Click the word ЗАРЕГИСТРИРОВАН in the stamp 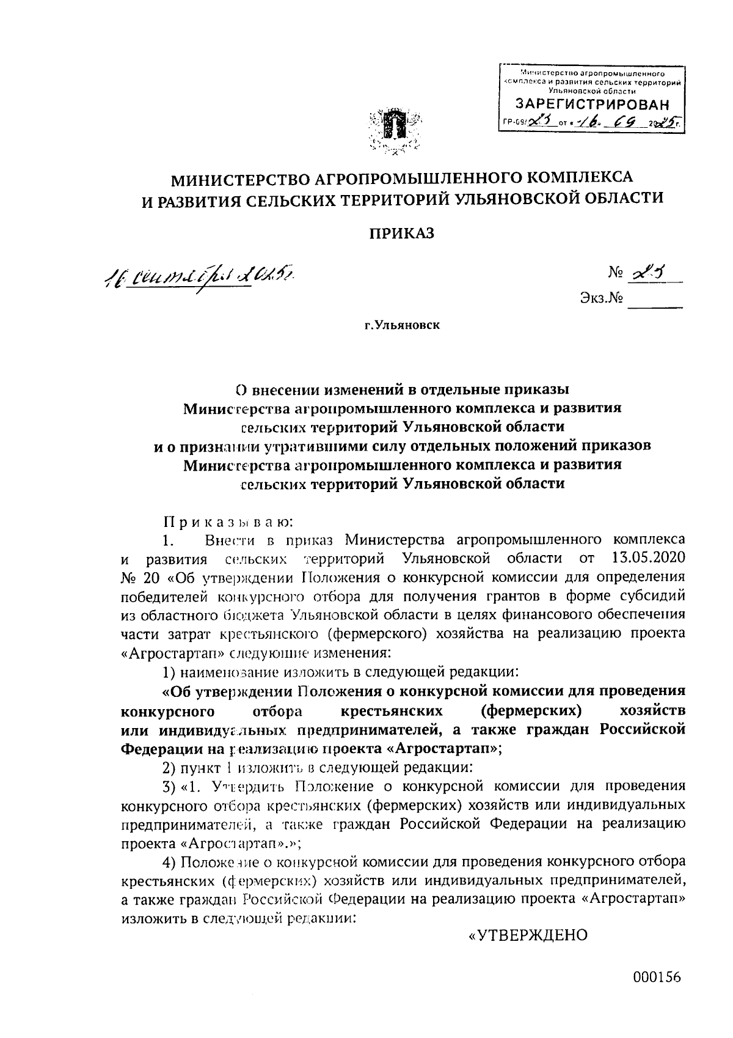click(592, 104)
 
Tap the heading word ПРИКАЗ click(401, 233)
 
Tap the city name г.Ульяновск click(402, 325)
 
